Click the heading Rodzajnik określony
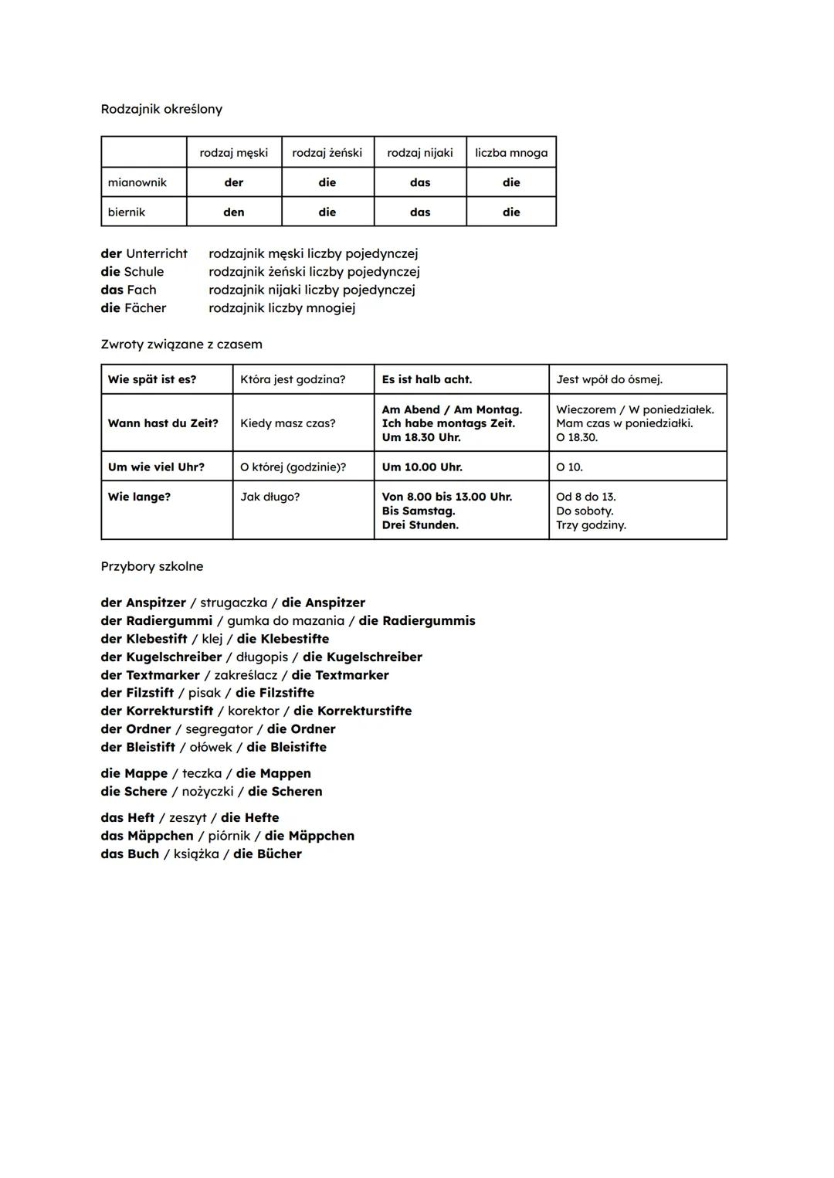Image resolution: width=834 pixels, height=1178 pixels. pos(161,109)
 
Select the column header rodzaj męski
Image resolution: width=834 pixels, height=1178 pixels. pos(233,152)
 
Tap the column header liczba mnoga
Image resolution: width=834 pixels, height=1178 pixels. pos(511,152)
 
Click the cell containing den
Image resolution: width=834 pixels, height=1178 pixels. pos(233,212)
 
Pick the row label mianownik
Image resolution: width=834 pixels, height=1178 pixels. pos(137,182)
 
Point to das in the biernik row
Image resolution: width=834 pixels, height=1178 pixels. pos(420,212)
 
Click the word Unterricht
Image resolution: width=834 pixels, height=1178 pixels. pos(157,253)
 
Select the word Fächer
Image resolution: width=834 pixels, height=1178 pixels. pos(145,307)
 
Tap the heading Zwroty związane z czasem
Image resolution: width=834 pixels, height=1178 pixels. pos(181,344)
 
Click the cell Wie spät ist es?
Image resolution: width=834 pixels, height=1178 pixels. pos(152,379)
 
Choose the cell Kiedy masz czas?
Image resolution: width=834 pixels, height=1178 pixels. pos(288,423)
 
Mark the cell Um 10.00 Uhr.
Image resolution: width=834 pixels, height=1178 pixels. pos(422,467)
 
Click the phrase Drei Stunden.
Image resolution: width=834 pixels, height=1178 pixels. pos(420,525)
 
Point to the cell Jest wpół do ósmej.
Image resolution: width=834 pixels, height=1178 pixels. pos(609,379)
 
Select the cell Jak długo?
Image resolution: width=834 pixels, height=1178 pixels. pos(270,497)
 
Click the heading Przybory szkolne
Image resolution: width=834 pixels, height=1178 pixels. pos(152,566)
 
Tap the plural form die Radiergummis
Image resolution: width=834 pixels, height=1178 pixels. pos(417,620)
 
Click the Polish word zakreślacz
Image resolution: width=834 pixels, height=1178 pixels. pos(246,675)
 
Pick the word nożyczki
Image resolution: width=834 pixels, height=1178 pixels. pos(208,791)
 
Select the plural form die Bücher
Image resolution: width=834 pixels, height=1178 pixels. pos(267,854)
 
